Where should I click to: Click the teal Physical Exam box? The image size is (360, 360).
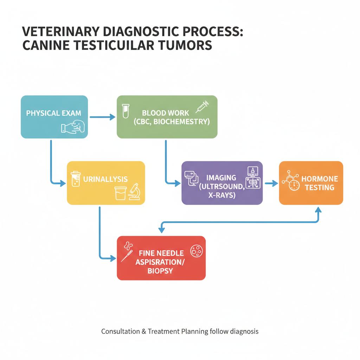54,117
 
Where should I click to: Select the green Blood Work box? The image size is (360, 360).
167,117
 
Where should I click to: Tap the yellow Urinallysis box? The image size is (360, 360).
105,182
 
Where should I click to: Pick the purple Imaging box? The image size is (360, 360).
222,182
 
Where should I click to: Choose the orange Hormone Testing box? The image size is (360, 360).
311,182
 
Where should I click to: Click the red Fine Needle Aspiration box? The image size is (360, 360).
161,258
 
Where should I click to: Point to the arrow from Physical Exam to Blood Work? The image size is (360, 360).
102,117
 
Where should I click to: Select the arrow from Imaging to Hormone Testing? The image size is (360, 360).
271,183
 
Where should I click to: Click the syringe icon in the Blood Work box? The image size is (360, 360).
202,106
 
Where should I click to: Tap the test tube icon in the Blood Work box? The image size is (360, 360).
124,111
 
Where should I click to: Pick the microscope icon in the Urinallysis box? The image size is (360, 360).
134,192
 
